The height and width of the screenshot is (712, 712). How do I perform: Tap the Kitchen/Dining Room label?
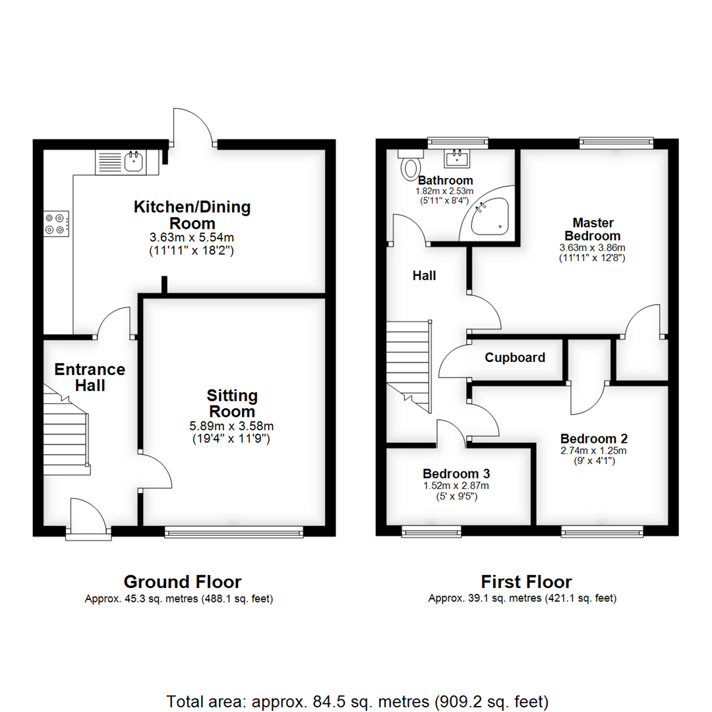click(193, 215)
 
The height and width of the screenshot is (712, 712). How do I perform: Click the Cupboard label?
click(515, 358)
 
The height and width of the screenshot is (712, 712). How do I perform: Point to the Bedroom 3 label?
click(456, 473)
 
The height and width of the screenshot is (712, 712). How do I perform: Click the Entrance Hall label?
click(90, 377)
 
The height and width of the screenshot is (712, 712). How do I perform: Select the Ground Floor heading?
click(183, 582)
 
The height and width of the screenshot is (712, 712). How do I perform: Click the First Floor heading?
click(526, 582)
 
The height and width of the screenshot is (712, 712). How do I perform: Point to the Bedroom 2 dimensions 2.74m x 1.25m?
click(593, 451)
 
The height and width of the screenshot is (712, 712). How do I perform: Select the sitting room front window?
click(234, 532)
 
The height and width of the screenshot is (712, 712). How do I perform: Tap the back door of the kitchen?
click(193, 129)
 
